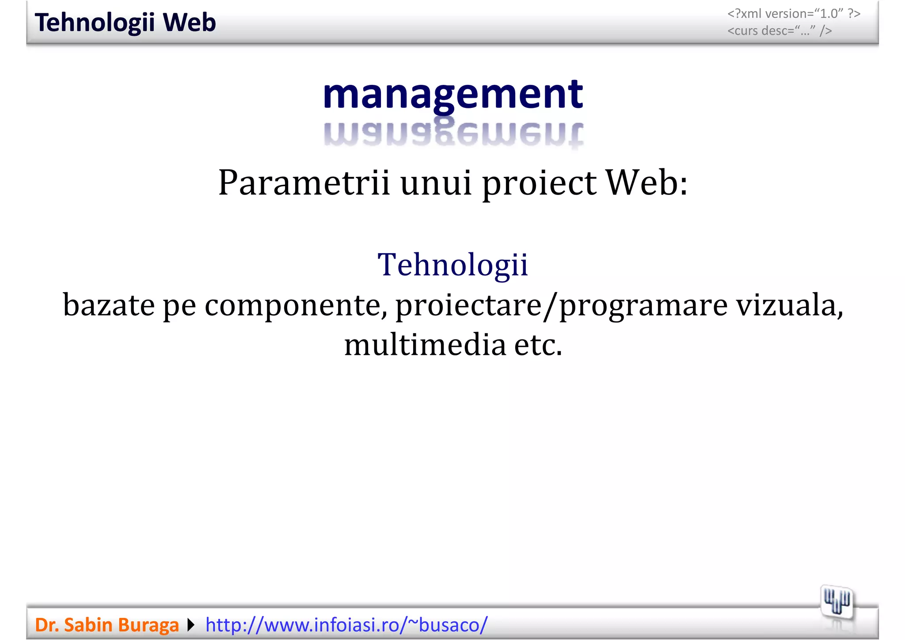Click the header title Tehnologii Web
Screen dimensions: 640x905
click(125, 23)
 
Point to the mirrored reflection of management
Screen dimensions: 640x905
click(453, 134)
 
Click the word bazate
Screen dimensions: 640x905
click(109, 305)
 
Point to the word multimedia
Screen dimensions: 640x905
click(425, 345)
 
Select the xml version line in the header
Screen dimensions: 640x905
click(794, 14)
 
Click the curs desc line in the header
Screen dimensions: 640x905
click(780, 30)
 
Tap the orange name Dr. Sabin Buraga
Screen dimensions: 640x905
click(106, 625)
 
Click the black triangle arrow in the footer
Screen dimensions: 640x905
click(191, 625)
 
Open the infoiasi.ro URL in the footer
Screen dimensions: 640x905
click(346, 625)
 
